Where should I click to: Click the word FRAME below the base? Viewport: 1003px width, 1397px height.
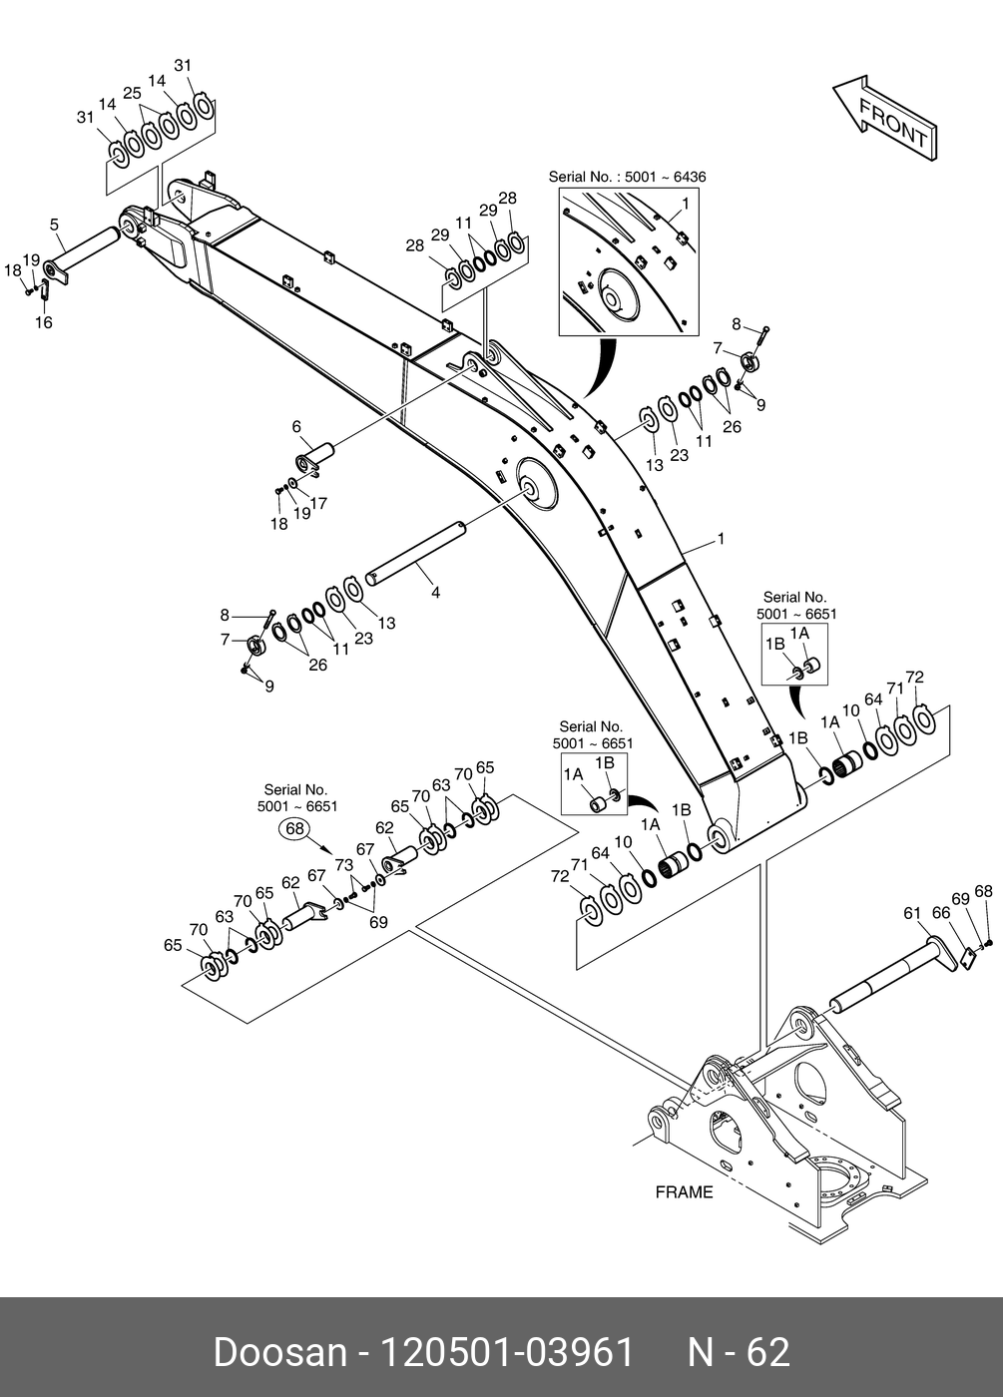pos(684,1191)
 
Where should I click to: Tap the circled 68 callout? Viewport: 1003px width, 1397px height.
pos(294,829)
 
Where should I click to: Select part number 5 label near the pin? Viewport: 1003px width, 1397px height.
pos(54,226)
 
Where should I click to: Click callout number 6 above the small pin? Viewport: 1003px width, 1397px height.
pos(296,427)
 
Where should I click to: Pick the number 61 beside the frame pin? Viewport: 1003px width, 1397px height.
pos(912,913)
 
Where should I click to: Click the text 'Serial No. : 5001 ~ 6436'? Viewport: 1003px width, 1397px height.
pos(627,178)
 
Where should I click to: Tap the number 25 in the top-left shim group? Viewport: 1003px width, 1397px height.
pos(133,93)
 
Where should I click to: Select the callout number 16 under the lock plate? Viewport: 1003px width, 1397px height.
pos(44,322)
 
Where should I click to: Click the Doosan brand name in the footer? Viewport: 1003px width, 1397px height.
pos(278,1352)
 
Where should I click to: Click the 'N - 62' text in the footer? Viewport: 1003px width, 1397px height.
pos(739,1352)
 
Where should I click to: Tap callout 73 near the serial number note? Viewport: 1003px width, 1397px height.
pos(343,865)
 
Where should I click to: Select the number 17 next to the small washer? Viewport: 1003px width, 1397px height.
pos(319,504)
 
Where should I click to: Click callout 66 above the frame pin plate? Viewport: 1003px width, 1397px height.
pos(940,913)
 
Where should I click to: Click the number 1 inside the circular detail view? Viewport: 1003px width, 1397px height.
pos(686,204)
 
